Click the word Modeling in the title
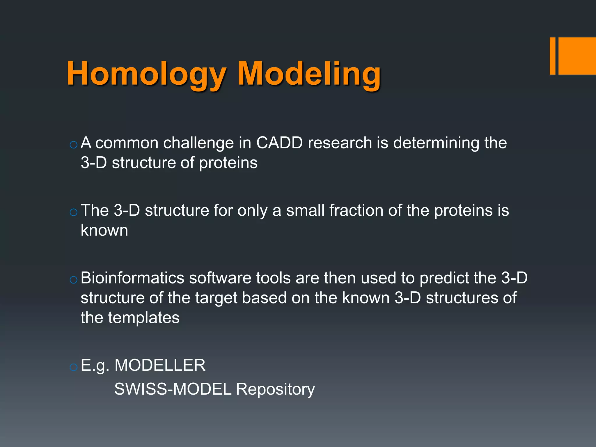(309, 74)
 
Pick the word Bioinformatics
(132, 278)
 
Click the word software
(220, 278)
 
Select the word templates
(144, 318)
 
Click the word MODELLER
(160, 365)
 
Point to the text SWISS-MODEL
(173, 389)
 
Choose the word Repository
(275, 390)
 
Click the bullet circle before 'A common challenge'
(74, 145)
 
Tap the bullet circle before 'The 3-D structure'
(74, 212)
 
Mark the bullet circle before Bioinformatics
(74, 280)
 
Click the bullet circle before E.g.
(74, 367)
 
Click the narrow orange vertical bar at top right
(552, 56)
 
